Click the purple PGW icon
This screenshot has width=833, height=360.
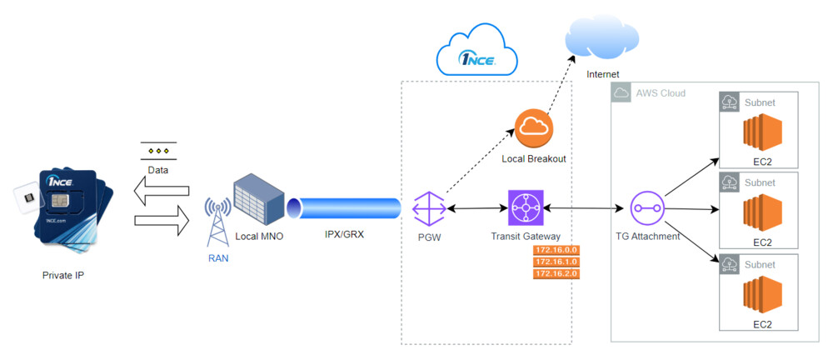pos(429,207)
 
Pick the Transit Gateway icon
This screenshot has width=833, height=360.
pos(526,207)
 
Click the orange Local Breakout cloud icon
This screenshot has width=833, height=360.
pos(534,129)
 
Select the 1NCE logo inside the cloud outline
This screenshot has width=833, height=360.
pos(477,58)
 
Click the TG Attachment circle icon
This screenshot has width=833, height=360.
pos(646,207)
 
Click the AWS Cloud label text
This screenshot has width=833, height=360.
pos(661,93)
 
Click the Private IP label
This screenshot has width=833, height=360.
pos(63,275)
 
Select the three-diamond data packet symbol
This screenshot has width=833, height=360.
pos(158,152)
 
